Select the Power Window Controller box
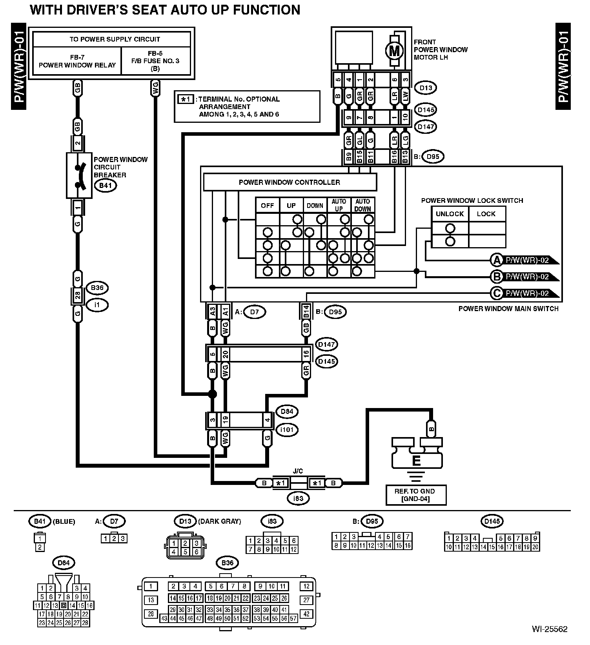[290, 182]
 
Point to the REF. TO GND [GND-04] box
[416, 495]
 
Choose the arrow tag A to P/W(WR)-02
[524, 260]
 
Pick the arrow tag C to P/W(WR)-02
[524, 293]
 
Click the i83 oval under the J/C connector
[298, 498]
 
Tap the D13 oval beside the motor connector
[426, 88]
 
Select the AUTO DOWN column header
[362, 205]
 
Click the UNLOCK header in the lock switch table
[450, 214]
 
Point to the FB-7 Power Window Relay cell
[77, 61]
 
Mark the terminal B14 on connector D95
[306, 312]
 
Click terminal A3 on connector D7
[212, 312]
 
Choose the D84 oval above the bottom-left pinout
[64, 563]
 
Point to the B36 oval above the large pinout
[227, 563]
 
